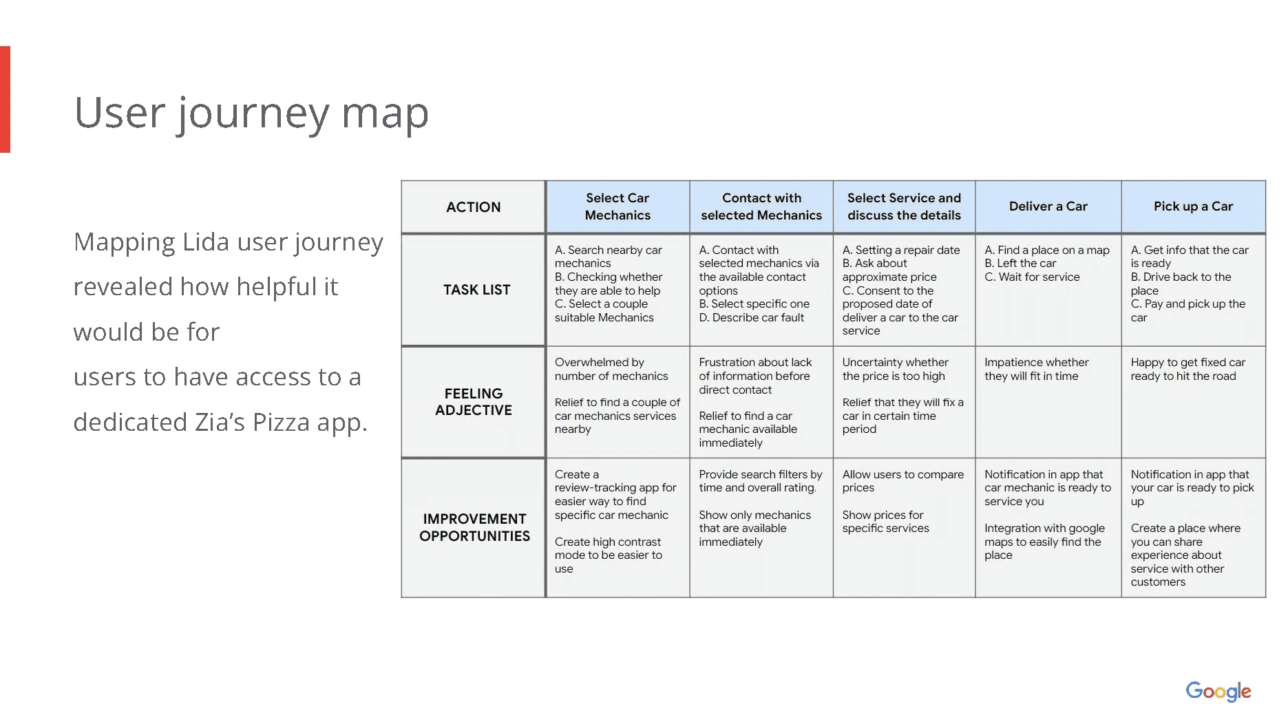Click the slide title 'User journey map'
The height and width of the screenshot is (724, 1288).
(251, 114)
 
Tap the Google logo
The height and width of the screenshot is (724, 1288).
(1218, 691)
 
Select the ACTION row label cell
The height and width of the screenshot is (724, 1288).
(473, 207)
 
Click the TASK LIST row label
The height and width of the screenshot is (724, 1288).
(476, 290)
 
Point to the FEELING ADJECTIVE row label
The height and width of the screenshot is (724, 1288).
(474, 402)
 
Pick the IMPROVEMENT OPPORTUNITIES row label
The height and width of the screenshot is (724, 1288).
(474, 527)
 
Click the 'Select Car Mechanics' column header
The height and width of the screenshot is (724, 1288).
(617, 206)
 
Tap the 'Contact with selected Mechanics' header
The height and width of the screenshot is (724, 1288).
(761, 206)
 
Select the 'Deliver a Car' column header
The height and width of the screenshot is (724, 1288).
(1048, 206)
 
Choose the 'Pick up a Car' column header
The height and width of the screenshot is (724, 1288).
(1193, 206)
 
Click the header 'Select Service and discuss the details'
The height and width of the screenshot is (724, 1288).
(904, 206)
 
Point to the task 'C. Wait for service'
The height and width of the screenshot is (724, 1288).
(1032, 277)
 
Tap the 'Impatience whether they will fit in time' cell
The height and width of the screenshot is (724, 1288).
(1036, 369)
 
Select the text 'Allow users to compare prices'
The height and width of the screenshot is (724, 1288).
(902, 481)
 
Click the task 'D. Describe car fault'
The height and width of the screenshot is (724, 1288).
(751, 317)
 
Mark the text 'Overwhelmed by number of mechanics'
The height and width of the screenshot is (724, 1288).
(611, 369)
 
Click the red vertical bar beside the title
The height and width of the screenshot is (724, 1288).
(5, 99)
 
